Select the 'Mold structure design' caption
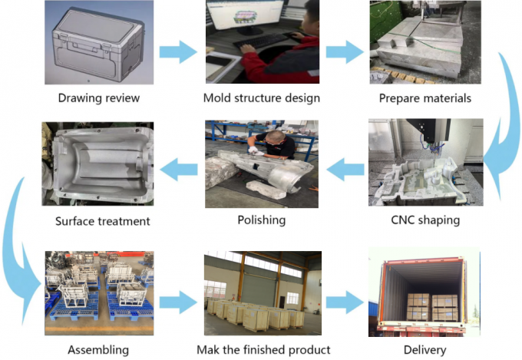pos(262,98)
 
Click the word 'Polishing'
pos(262,220)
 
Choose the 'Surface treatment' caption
pos(102,222)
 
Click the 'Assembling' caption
pos(97,349)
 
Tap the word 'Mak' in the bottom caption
pos(210,349)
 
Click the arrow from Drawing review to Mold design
pos(179,51)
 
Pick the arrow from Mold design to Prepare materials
pos(344,51)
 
